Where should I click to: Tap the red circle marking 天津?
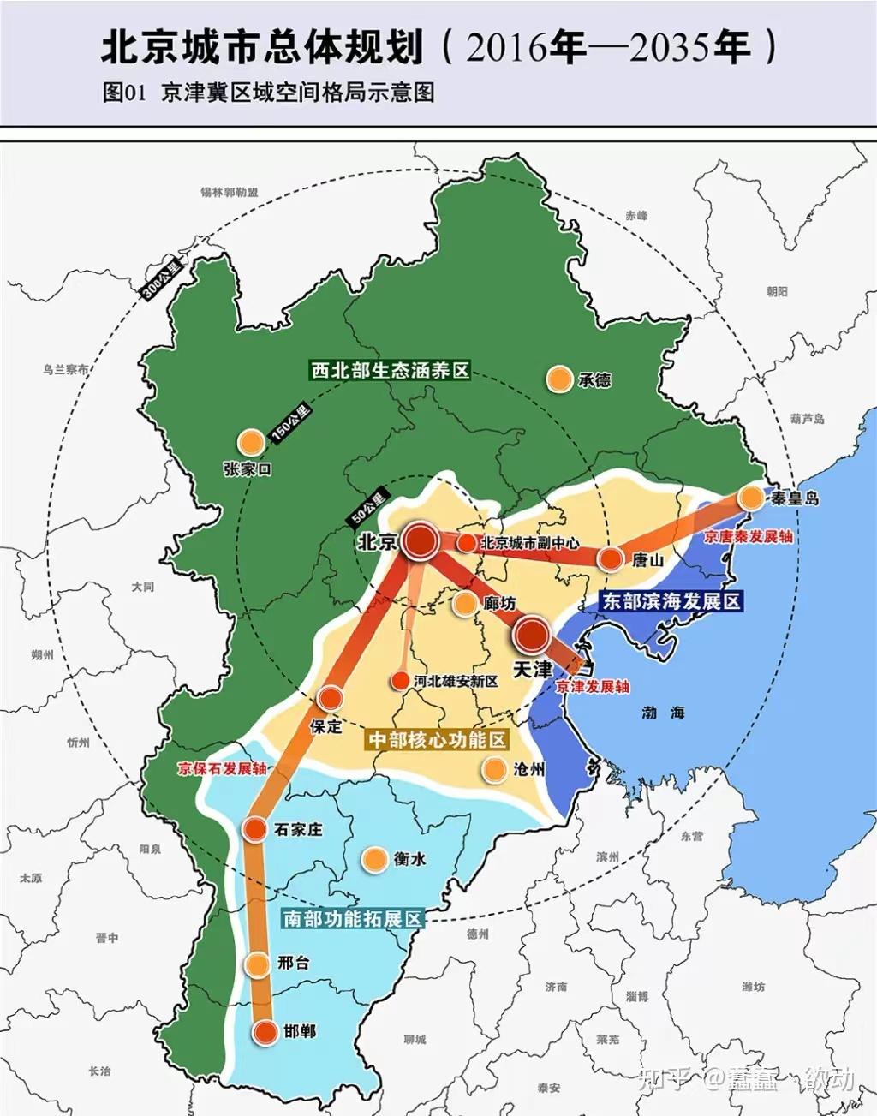[x=533, y=635]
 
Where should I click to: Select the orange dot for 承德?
[x=559, y=379]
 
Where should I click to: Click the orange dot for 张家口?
[x=250, y=442]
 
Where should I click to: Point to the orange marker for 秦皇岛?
[x=751, y=498]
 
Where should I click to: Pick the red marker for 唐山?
[x=611, y=559]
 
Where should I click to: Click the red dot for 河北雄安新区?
[x=400, y=681]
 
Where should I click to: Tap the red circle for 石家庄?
[x=255, y=828]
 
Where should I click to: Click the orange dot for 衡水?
[x=374, y=859]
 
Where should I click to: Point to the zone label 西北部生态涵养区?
[x=390, y=371]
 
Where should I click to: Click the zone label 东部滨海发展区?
[x=671, y=601]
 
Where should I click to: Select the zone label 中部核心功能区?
[x=437, y=739]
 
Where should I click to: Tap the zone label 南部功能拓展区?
[x=353, y=919]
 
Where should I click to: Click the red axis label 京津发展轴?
[x=592, y=687]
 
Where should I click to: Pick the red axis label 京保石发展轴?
[x=222, y=768]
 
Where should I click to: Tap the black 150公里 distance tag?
[x=291, y=424]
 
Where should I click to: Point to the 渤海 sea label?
[x=664, y=712]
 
